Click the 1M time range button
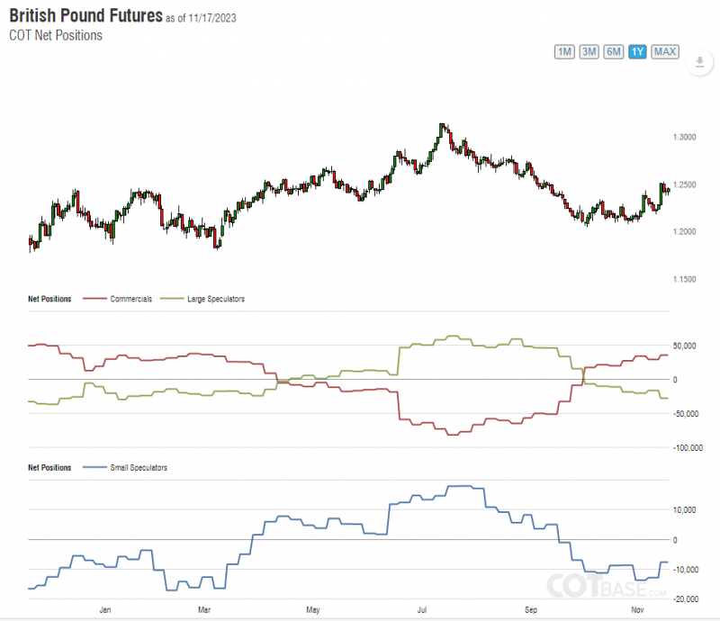[565, 51]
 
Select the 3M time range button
[589, 51]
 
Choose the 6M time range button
[614, 51]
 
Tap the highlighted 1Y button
[637, 51]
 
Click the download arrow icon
[699, 63]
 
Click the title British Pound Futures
[86, 16]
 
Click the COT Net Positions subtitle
[56, 36]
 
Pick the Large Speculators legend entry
[215, 299]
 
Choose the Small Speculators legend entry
[138, 468]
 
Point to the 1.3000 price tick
[684, 138]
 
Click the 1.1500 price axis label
[684, 280]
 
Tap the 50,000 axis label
[688, 346]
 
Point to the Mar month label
[204, 610]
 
